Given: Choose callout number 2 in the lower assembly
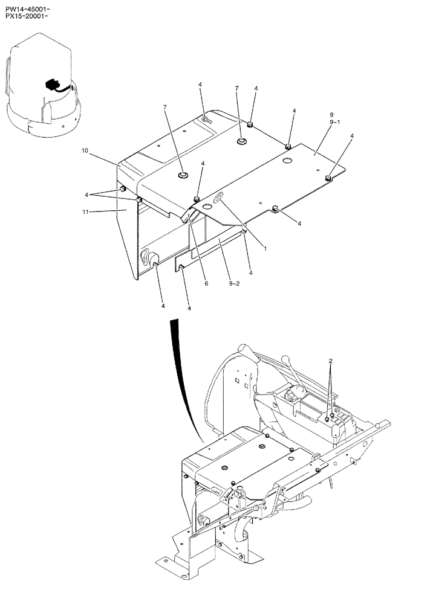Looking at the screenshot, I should (x=330, y=361).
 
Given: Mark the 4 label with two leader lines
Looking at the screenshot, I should (x=88, y=194).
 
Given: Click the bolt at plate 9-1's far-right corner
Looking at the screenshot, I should (x=328, y=177).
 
